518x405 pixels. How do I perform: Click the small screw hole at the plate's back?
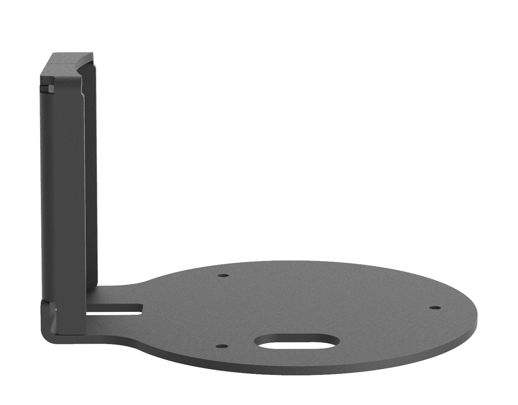tap(223, 275)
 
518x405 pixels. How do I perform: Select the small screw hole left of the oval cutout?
tap(222, 346)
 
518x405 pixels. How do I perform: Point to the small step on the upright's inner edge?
tap(83, 95)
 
